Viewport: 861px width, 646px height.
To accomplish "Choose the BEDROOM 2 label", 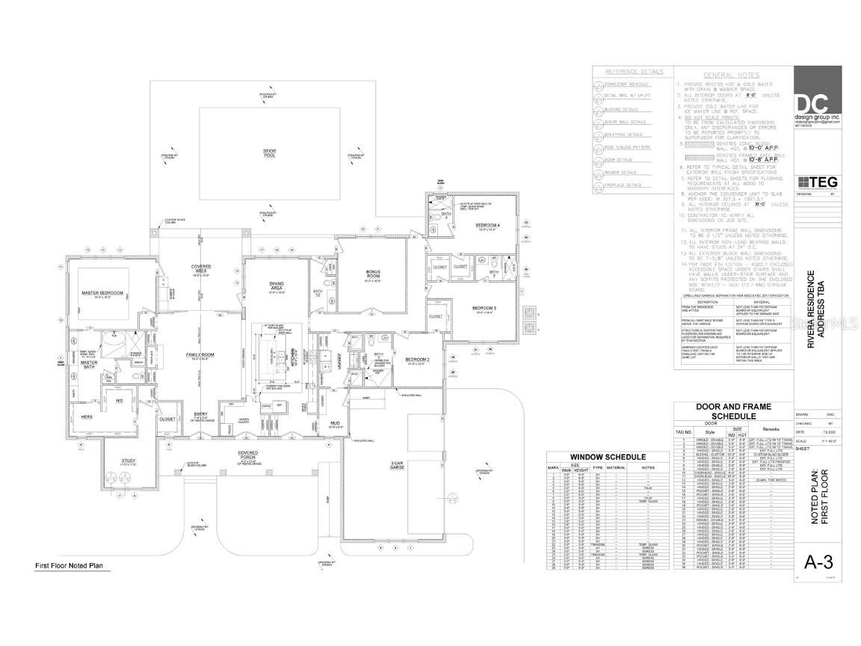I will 416,360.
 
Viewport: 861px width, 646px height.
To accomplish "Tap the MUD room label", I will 336,424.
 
